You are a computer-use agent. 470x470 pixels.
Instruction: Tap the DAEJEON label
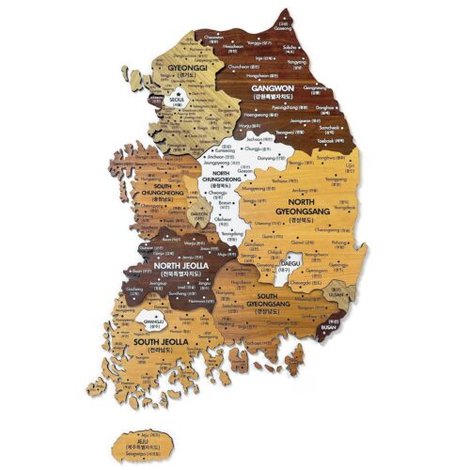[200, 212]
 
